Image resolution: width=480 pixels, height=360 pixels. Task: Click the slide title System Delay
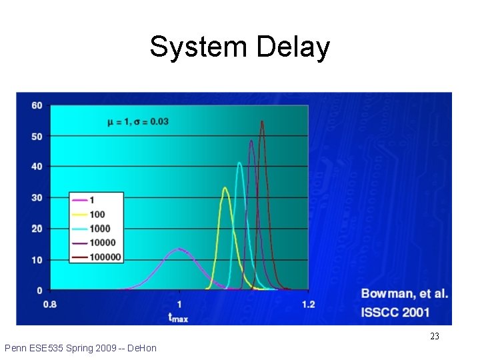pos(239,47)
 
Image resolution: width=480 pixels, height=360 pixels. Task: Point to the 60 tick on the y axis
pos(37,105)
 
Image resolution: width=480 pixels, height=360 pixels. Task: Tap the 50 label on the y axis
pos(37,137)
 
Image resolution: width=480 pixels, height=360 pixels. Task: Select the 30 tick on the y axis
pos(37,198)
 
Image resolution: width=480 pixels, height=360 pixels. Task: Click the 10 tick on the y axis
pos(37,259)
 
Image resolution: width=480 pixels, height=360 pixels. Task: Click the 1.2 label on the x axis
pos(308,305)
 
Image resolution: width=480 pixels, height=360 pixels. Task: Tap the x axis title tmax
pos(178,317)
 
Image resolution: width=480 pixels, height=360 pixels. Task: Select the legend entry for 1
pos(93,199)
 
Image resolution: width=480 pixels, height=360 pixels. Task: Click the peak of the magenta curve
pos(179,249)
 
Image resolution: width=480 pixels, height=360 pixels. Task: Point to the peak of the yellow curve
pos(225,188)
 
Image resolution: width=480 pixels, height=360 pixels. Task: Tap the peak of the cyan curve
pos(239,163)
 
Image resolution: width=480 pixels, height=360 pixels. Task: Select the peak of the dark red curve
pos(262,121)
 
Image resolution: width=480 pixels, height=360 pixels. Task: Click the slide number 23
pos(435,336)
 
